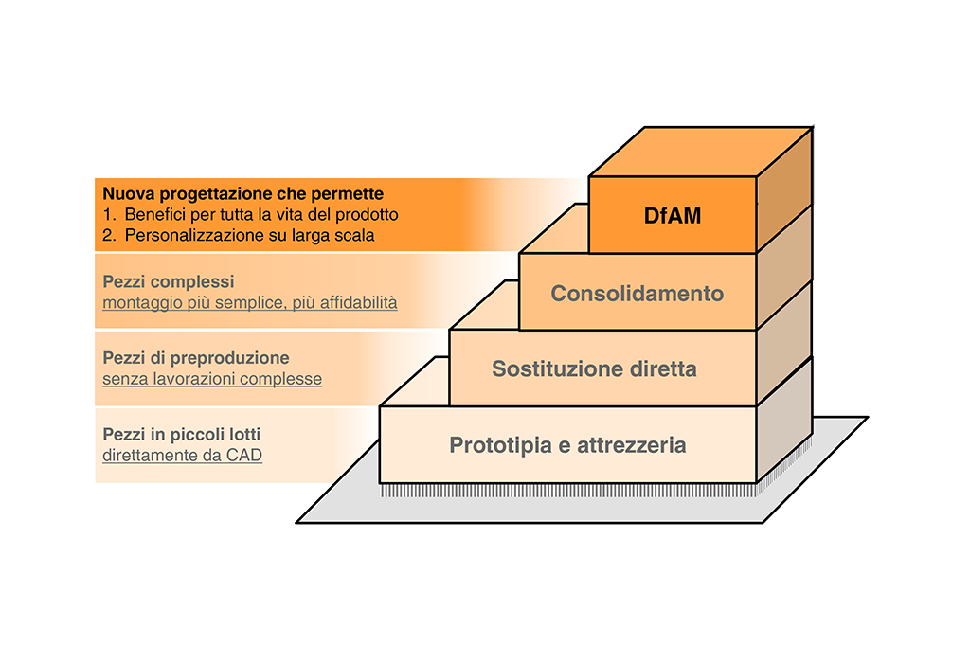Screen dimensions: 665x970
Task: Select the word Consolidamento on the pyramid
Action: pyautogui.click(x=638, y=293)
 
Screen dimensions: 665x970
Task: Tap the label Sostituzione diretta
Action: pyautogui.click(x=594, y=368)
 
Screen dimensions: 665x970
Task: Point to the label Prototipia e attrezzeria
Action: pyautogui.click(x=567, y=444)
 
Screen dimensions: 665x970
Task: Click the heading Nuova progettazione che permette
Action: pyautogui.click(x=243, y=193)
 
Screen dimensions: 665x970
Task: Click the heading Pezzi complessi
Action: pyautogui.click(x=168, y=282)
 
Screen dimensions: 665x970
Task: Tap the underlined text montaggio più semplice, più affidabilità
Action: pyautogui.click(x=250, y=303)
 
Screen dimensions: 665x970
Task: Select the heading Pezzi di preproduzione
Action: pyautogui.click(x=196, y=358)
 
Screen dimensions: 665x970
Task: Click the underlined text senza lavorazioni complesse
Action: pyautogui.click(x=212, y=379)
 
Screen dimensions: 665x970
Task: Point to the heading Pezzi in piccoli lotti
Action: pyautogui.click(x=182, y=434)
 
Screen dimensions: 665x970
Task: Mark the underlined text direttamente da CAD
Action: pyautogui.click(x=182, y=455)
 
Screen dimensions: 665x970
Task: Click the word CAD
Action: pyautogui.click(x=244, y=455)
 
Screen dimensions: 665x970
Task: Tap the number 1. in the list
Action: pyautogui.click(x=110, y=214)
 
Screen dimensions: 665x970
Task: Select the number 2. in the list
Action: pyautogui.click(x=110, y=235)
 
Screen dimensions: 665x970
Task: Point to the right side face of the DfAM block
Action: pyautogui.click(x=785, y=189)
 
